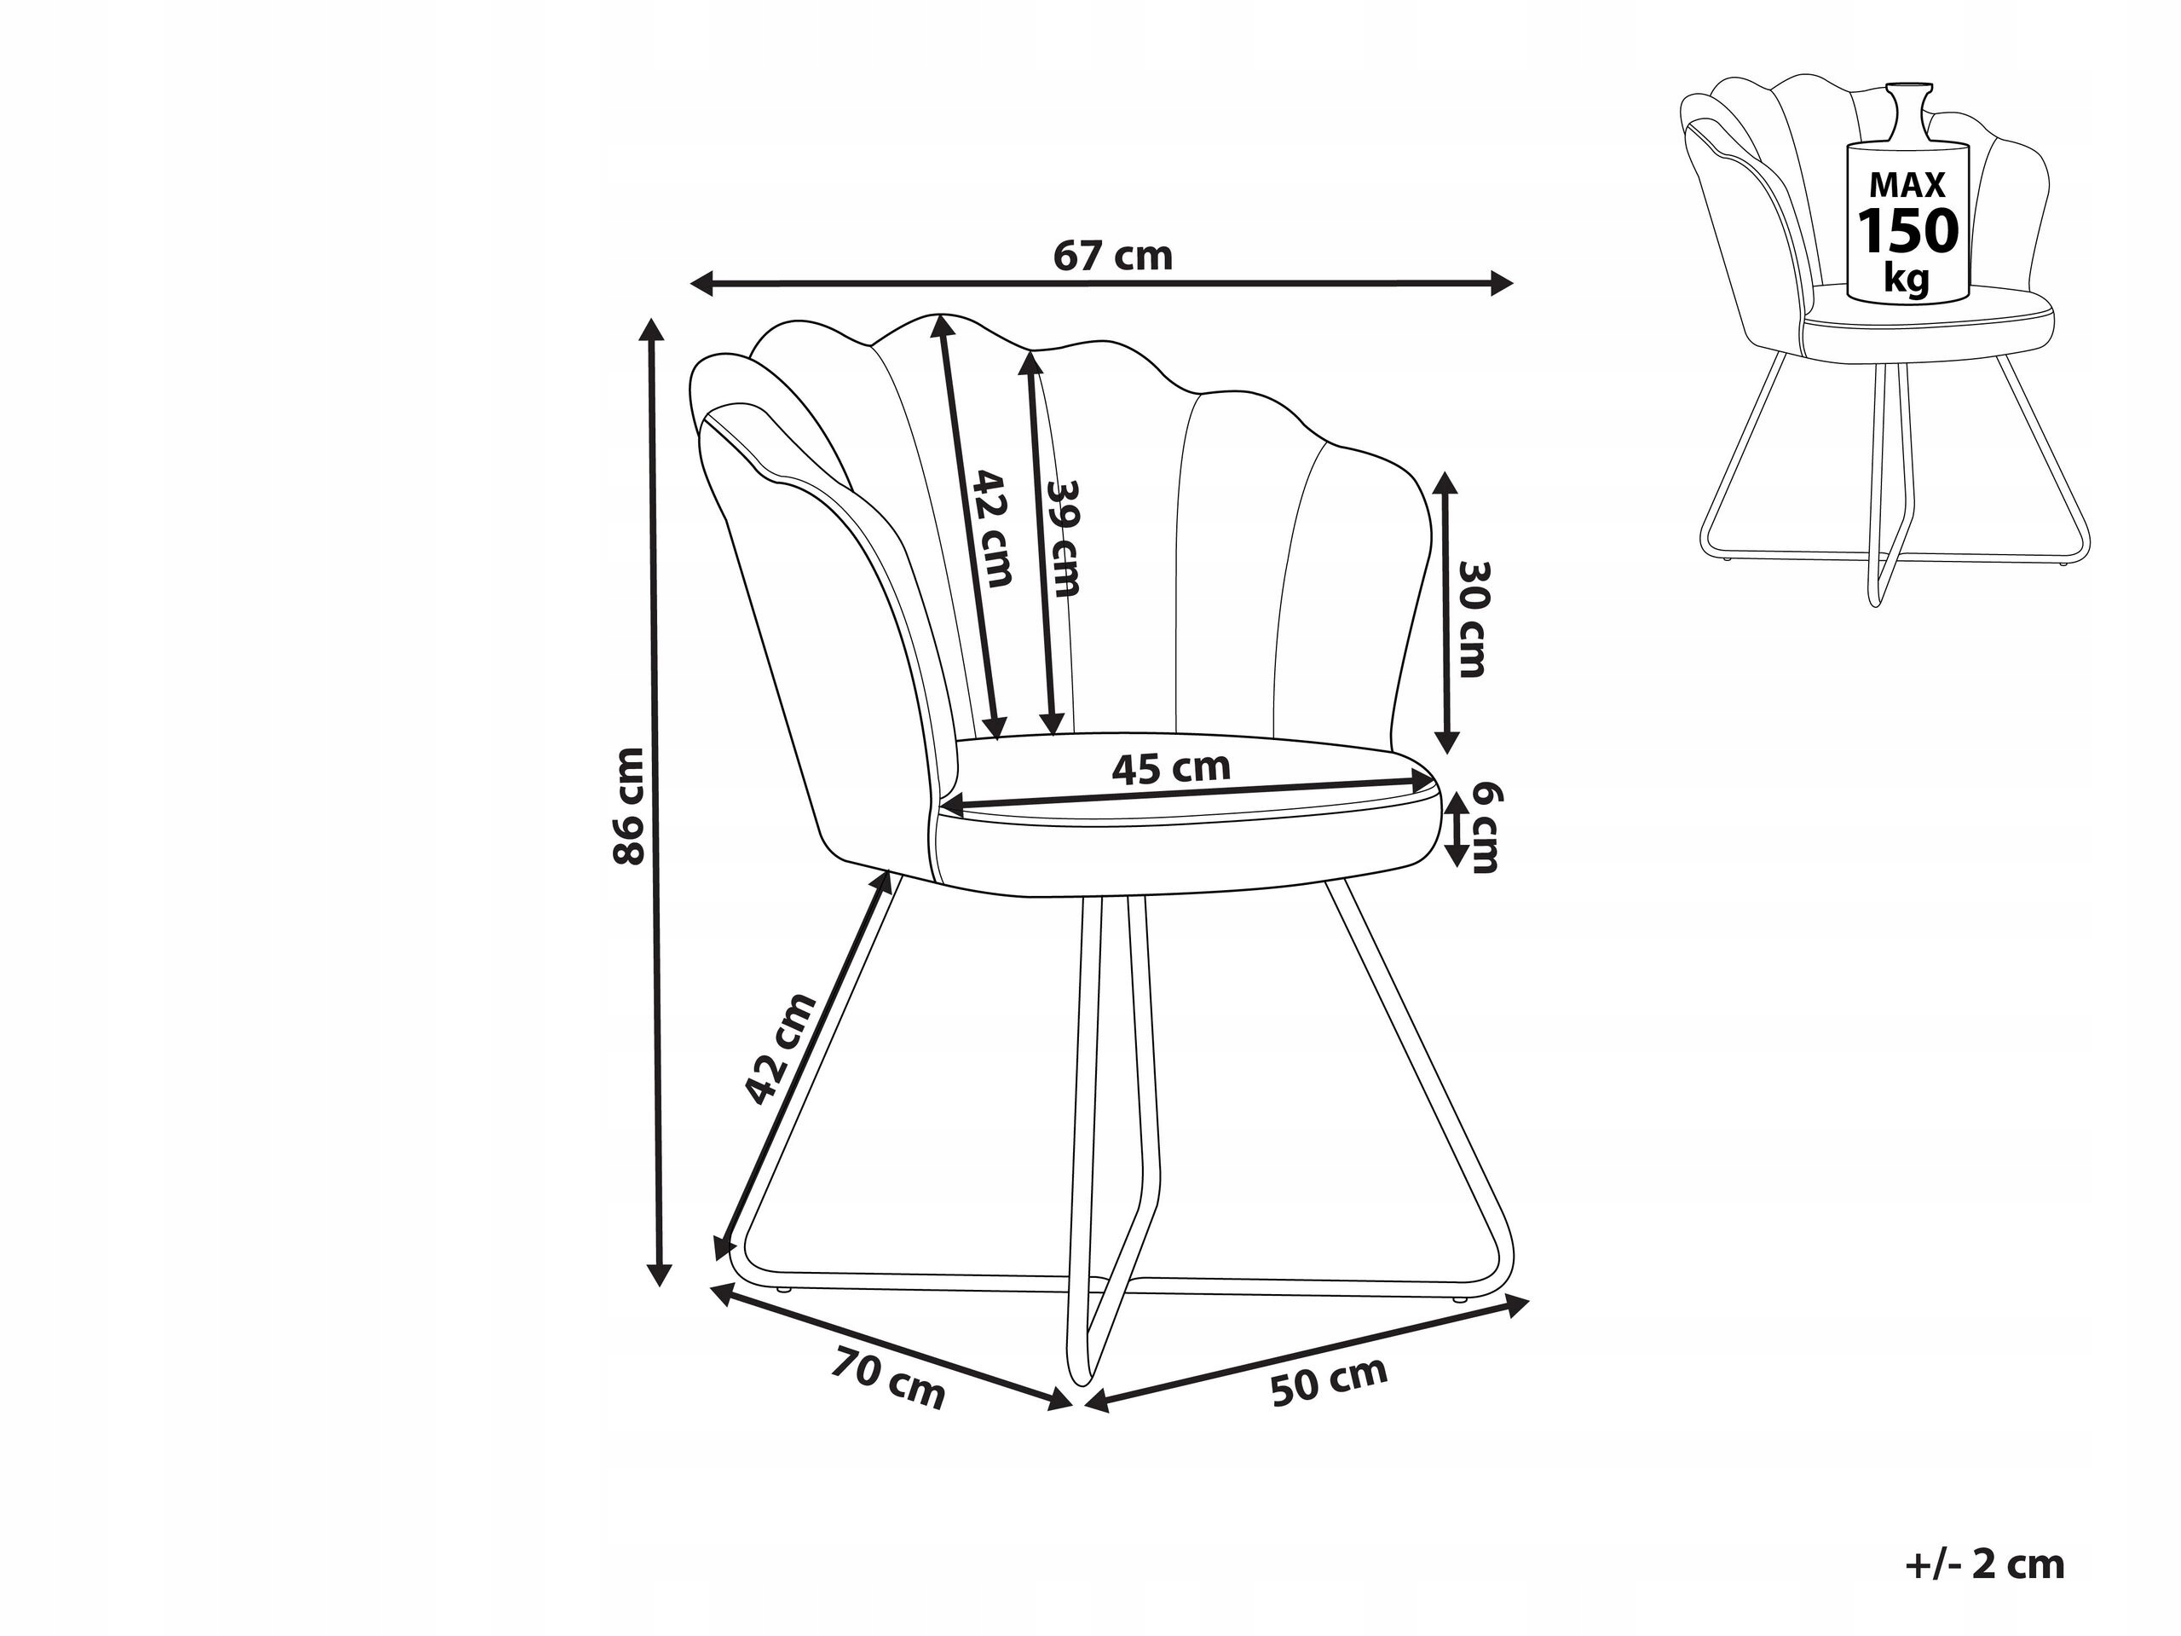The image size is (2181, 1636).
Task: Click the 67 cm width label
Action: click(1113, 257)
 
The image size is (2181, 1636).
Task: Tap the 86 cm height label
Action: click(629, 806)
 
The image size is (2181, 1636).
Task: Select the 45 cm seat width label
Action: click(1171, 767)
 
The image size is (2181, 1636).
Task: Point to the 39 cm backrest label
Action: click(1064, 539)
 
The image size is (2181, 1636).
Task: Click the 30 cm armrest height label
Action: click(1472, 618)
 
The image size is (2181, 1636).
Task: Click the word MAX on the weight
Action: click(1908, 185)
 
